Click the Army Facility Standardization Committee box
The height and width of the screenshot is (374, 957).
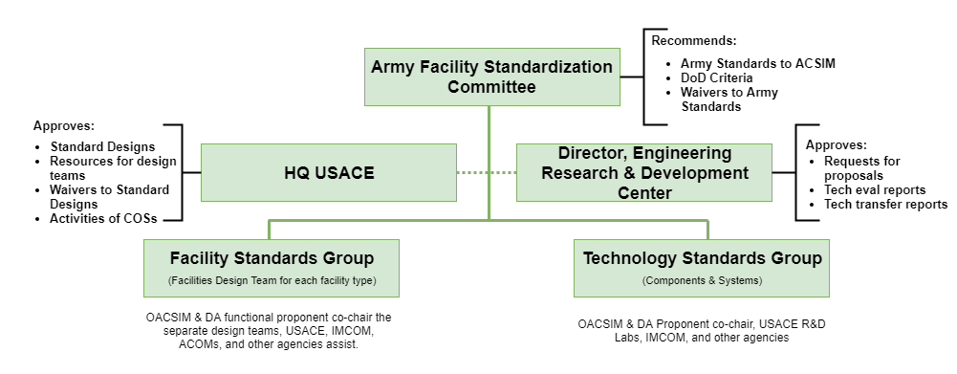[491, 77]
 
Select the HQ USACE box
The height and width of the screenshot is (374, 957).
[328, 173]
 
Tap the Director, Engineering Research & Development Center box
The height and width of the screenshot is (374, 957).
[643, 173]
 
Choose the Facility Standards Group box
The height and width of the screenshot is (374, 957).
[271, 269]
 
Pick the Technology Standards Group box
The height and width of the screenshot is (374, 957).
[701, 269]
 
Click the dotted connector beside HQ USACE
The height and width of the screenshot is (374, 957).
[486, 173]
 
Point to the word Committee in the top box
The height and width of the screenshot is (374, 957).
[491, 87]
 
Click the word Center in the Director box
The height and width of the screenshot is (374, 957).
[643, 193]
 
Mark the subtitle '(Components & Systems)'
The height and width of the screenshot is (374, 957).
[702, 281]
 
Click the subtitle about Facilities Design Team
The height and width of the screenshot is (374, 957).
[272, 281]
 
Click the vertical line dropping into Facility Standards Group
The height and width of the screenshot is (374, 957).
[269, 230]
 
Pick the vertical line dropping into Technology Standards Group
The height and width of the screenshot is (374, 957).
[708, 230]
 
